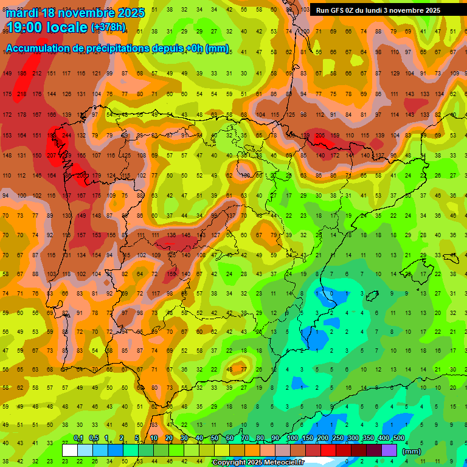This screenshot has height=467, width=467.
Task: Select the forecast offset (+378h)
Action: (x=108, y=27)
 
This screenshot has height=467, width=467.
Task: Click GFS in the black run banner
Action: (x=338, y=10)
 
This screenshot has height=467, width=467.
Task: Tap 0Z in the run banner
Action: (x=351, y=10)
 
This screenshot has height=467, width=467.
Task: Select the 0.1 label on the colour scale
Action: (x=78, y=438)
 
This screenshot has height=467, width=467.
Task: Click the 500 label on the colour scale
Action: (x=398, y=438)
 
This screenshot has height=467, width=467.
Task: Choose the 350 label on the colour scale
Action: (x=368, y=438)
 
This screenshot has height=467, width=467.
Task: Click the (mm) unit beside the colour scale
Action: (x=412, y=451)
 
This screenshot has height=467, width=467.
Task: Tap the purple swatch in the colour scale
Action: (x=389, y=451)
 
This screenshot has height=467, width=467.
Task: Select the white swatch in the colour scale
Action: (x=70, y=451)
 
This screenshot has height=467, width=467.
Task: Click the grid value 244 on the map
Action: (x=67, y=135)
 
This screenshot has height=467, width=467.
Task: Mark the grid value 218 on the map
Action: (x=22, y=94)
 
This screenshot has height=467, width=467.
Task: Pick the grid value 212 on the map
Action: (x=36, y=74)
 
